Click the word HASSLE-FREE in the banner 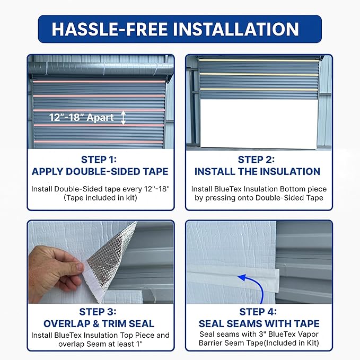[110, 29]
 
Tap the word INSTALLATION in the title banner [236, 29]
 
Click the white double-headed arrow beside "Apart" [124, 118]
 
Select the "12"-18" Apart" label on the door [82, 118]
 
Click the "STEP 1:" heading [99, 160]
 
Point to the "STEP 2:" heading [256, 160]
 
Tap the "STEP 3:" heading [98, 312]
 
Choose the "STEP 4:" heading [258, 312]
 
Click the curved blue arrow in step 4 [257, 283]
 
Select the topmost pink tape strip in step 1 [99, 81]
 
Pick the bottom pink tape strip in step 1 [99, 142]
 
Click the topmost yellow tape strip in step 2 [259, 60]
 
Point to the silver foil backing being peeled [110, 257]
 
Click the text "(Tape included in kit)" [100, 198]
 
